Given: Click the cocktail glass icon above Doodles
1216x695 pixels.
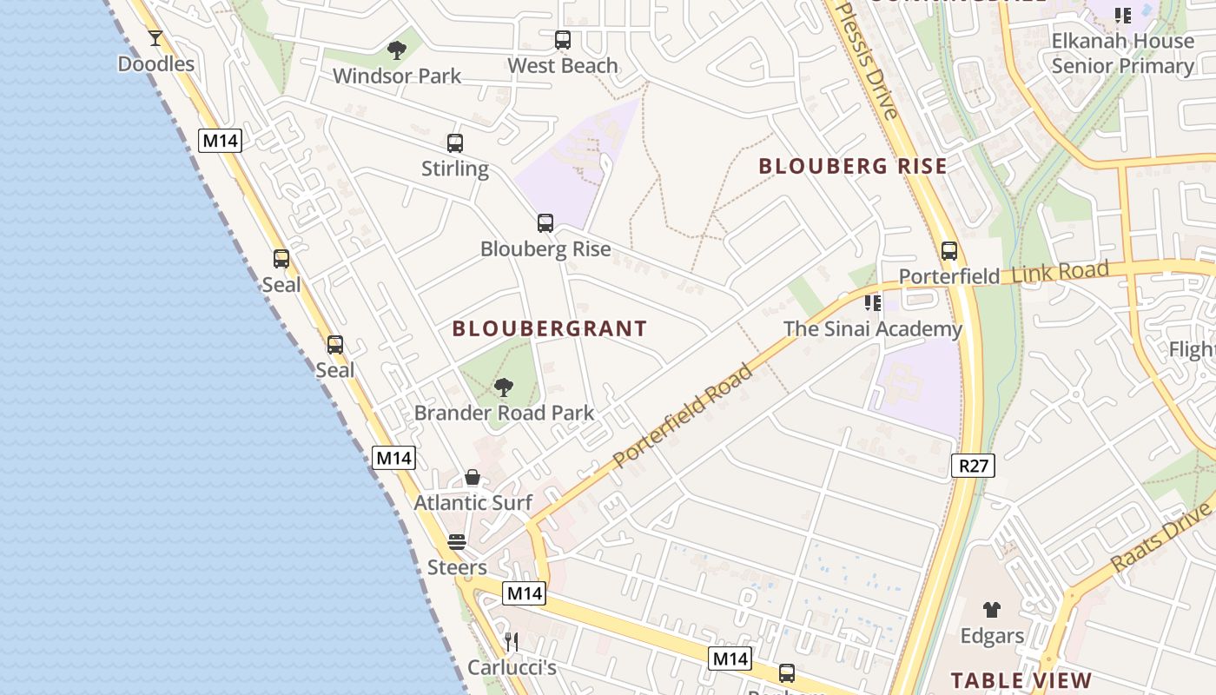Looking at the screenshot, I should click(x=155, y=38).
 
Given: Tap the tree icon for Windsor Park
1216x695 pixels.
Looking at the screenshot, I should click(x=397, y=50).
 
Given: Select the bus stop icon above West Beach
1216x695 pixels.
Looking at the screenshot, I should click(x=563, y=40).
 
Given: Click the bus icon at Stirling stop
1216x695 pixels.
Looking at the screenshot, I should click(x=455, y=143).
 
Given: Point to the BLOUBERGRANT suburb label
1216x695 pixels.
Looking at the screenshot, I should click(x=550, y=328).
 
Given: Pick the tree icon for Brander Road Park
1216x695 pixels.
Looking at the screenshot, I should click(x=503, y=387).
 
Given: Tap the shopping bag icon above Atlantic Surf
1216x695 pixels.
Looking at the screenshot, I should click(x=473, y=477).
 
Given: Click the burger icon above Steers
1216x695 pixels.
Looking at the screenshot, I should click(x=457, y=542).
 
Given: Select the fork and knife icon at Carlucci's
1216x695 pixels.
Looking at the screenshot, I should click(x=512, y=642).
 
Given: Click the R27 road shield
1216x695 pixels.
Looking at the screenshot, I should click(x=973, y=466).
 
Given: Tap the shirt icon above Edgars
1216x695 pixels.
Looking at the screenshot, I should click(x=992, y=610).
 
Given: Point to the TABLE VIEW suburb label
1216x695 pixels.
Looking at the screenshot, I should click(x=1021, y=680).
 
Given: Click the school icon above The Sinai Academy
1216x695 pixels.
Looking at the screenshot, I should click(x=873, y=303).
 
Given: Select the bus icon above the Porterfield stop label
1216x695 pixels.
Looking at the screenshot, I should click(x=949, y=251).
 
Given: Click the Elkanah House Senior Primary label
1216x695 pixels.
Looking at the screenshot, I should click(x=1123, y=53).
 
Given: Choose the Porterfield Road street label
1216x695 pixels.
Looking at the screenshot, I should click(x=683, y=416).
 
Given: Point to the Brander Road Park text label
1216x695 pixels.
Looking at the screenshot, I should click(x=504, y=413).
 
